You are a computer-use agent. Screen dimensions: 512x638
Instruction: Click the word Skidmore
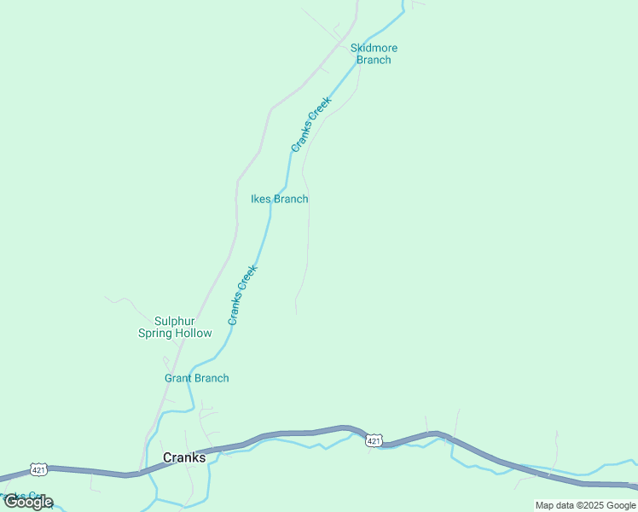374,48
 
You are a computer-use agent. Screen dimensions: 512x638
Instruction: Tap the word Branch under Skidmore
374,60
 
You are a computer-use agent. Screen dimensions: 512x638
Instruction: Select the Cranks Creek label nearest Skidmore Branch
311,125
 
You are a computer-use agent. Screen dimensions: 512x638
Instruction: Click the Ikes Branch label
279,199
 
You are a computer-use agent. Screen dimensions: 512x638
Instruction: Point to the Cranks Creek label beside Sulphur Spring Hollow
243,294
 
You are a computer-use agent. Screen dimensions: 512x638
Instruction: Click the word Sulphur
175,321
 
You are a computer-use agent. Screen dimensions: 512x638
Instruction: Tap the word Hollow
194,333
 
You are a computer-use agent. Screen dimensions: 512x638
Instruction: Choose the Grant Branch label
196,378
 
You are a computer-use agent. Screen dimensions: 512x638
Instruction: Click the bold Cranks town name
184,457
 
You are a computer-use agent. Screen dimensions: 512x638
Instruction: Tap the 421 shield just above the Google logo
38,469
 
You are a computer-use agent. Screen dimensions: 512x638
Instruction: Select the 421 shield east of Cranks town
373,440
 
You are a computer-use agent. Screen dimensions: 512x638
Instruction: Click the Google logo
27,502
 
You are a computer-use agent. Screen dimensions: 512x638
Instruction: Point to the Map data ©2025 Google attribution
585,505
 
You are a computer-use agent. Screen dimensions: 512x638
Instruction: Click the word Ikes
261,199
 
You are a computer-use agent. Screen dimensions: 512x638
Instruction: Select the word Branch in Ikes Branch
291,199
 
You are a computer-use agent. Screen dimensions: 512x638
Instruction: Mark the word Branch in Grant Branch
211,378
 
